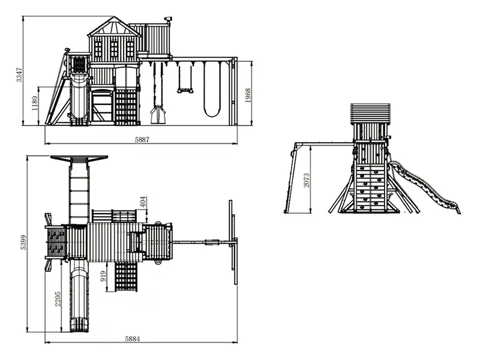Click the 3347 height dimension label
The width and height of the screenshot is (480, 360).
[19, 74]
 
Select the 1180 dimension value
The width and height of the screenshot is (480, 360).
[34, 103]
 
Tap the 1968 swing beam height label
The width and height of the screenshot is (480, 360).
[248, 95]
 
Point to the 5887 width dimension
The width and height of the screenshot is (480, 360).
[142, 140]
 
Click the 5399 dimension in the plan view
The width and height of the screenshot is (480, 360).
[23, 242]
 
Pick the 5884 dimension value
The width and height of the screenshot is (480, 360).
[133, 339]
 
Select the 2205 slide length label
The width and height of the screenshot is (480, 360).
[58, 299]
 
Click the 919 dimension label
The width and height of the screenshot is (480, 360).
[103, 276]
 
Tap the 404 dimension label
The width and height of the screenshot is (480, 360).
[143, 202]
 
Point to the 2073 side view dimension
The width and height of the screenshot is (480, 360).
[307, 181]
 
